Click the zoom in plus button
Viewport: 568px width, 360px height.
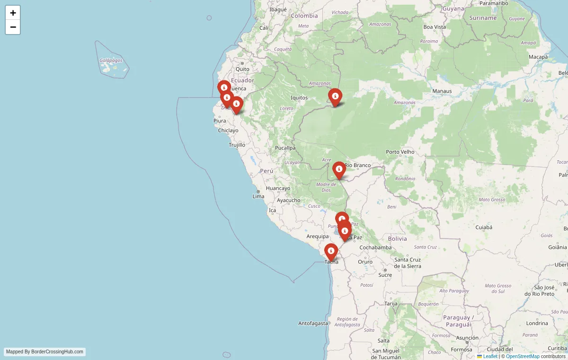click(x=13, y=13)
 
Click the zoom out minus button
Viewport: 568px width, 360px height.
click(x=13, y=27)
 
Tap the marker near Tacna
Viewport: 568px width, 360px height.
click(x=331, y=252)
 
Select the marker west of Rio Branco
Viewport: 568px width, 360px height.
click(x=339, y=170)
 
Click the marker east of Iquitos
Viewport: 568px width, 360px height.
click(x=335, y=97)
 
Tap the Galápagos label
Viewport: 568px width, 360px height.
click(x=111, y=60)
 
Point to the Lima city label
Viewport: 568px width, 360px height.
click(x=258, y=196)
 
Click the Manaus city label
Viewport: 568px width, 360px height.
click(x=442, y=91)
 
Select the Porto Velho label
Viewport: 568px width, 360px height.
click(x=400, y=152)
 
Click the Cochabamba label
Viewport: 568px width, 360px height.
click(x=375, y=247)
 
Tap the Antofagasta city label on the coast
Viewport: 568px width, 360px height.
click(x=313, y=323)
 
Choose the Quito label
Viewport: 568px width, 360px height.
click(x=242, y=69)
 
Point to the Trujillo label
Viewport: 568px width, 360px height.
click(x=237, y=145)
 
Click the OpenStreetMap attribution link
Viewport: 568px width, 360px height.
click(x=523, y=356)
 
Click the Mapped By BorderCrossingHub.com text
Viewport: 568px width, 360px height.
click(x=45, y=351)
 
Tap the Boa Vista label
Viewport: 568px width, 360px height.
click(x=435, y=27)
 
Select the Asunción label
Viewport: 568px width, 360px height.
click(x=467, y=338)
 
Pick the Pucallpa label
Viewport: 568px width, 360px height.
click(x=285, y=148)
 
